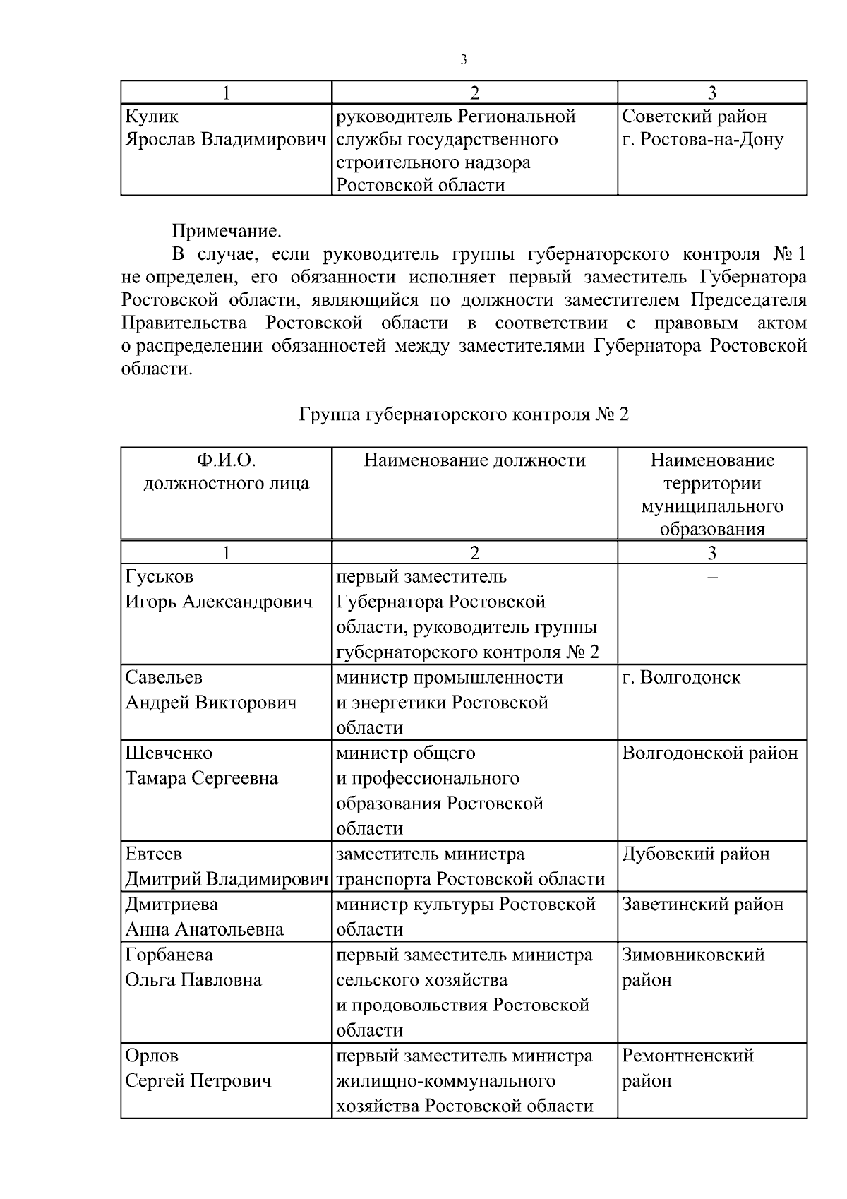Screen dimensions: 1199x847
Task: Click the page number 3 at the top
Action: [x=464, y=60]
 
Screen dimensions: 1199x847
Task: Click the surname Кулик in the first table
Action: [x=152, y=117]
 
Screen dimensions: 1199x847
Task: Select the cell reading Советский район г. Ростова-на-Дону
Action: [x=702, y=129]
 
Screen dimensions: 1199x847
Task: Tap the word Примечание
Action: [x=227, y=231]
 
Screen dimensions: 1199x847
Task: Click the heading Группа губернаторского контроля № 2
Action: [x=464, y=414]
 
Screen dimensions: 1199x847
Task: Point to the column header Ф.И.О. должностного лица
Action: [x=226, y=472]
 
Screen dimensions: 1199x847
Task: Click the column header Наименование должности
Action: [x=474, y=461]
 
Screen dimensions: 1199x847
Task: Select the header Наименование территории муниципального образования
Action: [x=711, y=495]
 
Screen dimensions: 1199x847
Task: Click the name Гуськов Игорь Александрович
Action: [x=219, y=590]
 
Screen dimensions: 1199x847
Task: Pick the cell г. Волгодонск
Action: [x=680, y=678]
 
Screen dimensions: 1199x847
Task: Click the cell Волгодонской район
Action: [x=709, y=753]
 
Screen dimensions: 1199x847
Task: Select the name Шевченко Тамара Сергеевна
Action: [x=202, y=766]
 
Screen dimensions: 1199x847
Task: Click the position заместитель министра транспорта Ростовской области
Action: [x=470, y=866]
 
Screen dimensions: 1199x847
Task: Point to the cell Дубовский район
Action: [x=695, y=854]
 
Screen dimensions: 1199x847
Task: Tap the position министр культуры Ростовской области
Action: [x=466, y=917]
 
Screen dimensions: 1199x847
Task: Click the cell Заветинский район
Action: [x=702, y=905]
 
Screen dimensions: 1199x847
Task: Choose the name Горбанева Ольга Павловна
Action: [x=193, y=967]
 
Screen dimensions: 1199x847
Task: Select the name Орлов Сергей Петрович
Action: [x=198, y=1068]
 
